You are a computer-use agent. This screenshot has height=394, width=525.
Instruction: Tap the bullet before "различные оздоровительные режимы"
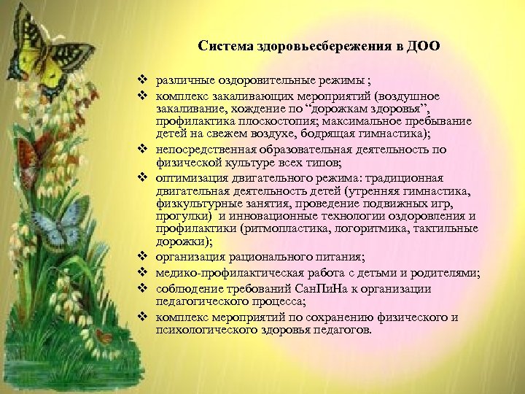point(145,79)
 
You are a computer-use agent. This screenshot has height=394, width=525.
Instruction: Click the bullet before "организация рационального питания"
point(145,257)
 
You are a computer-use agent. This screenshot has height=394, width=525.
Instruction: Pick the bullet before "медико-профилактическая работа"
point(145,273)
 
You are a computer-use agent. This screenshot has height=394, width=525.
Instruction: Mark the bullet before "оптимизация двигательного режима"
point(145,177)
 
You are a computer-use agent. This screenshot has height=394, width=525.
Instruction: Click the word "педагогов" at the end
point(343,329)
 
